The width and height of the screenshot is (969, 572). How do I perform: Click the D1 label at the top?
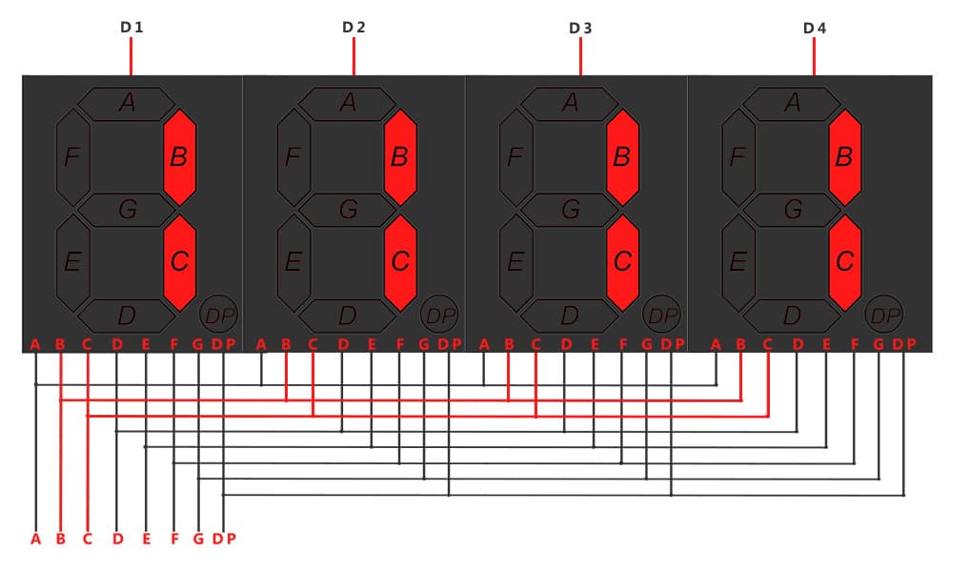[131, 28]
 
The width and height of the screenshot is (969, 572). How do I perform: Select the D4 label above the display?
[815, 28]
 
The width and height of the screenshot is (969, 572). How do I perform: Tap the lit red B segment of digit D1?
[180, 157]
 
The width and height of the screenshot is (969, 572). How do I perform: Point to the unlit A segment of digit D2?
[348, 103]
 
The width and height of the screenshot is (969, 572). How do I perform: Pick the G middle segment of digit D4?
[793, 210]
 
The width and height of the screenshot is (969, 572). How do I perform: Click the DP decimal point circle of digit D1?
[219, 316]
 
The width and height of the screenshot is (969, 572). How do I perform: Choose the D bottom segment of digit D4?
[793, 316]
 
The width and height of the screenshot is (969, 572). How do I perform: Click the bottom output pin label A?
[36, 540]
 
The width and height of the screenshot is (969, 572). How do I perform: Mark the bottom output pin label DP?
[224, 540]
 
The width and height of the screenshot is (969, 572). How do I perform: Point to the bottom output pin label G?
[198, 540]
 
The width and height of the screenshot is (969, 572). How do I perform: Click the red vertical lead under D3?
[581, 56]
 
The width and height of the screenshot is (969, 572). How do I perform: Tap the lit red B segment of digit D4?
[845, 157]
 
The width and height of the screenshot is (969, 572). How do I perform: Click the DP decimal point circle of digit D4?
[884, 316]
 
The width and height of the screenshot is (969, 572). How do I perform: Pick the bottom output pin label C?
[87, 540]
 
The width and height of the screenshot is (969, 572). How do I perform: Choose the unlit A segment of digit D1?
[127, 103]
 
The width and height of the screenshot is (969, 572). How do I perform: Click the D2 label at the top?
[353, 28]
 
